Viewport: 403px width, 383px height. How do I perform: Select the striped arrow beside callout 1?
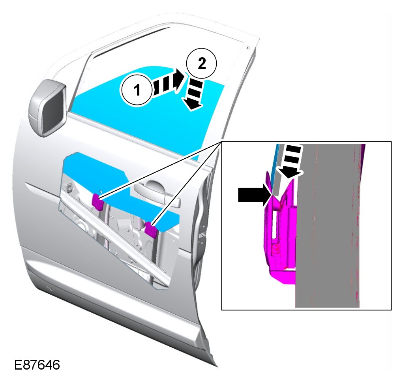pyautogui.click(x=168, y=83)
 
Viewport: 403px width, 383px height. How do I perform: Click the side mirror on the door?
pyautogui.click(x=47, y=107)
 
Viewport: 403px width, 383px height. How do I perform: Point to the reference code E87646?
pyautogui.click(x=37, y=364)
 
